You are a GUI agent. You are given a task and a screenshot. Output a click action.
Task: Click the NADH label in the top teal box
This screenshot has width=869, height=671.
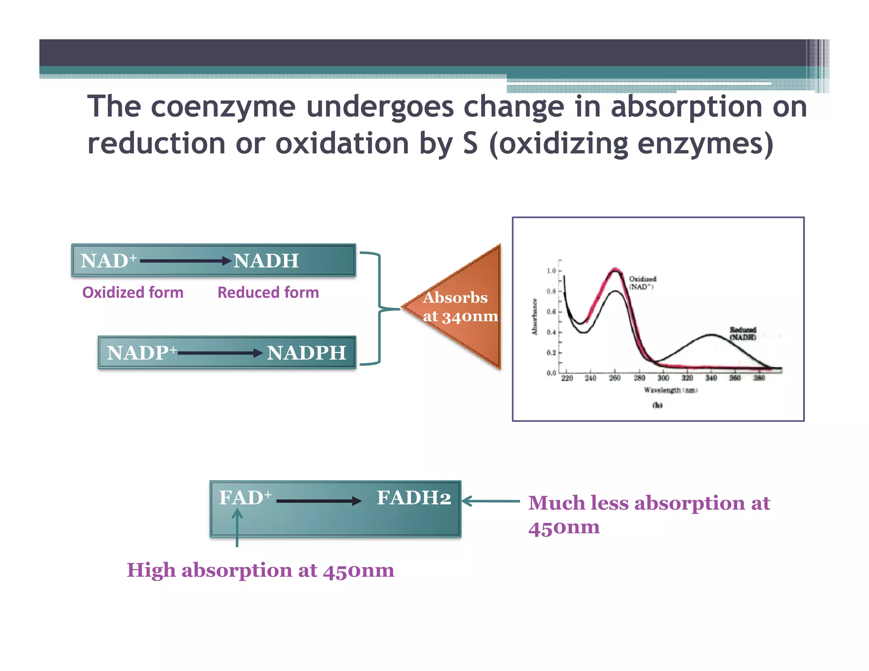click(266, 261)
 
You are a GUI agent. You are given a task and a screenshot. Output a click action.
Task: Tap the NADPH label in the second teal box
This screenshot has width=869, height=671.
click(306, 353)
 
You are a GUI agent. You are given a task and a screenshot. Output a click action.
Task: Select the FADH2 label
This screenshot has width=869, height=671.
click(414, 498)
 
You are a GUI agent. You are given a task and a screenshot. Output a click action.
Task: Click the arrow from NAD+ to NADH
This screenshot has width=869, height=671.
click(185, 261)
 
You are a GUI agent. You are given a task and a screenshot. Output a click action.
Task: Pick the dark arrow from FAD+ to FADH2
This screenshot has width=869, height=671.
click(318, 501)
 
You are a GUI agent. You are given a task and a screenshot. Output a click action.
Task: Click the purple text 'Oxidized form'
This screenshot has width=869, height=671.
click(133, 293)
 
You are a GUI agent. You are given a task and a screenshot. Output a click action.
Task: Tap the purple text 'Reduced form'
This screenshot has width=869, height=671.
click(268, 293)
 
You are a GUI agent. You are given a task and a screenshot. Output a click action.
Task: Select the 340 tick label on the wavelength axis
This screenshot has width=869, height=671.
click(711, 378)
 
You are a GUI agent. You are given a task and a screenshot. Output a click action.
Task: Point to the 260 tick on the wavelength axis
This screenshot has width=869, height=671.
click(615, 378)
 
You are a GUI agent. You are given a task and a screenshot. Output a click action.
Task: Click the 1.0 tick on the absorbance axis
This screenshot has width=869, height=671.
click(551, 271)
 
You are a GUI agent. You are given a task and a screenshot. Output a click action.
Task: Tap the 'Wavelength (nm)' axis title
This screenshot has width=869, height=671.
click(670, 390)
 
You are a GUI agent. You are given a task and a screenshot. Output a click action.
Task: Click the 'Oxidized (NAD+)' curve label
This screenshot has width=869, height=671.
click(642, 282)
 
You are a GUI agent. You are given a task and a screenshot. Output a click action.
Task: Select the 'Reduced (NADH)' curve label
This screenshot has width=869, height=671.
click(743, 333)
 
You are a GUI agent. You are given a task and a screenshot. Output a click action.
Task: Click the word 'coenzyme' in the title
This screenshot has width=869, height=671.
click(223, 106)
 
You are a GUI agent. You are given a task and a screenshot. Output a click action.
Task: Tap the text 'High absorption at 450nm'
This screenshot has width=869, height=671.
click(261, 570)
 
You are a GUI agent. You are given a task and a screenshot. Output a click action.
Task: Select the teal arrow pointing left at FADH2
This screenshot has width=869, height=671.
click(490, 501)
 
